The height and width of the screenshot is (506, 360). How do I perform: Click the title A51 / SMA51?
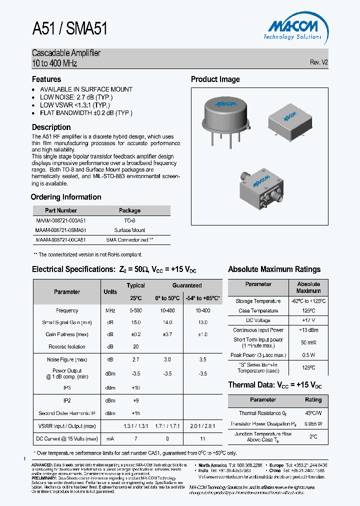point(69,29)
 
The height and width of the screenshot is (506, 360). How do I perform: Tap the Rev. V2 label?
point(318,62)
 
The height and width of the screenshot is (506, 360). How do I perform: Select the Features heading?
point(46,79)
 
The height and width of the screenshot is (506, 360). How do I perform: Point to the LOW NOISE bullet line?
point(76,97)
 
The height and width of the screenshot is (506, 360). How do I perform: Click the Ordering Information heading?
point(66,197)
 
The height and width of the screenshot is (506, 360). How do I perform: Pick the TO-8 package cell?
point(129,220)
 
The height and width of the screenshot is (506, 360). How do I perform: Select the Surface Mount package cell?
point(129,230)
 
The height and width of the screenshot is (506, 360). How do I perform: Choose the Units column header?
point(110,292)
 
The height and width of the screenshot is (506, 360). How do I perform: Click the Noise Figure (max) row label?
point(67,359)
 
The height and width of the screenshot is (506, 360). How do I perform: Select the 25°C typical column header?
point(135,298)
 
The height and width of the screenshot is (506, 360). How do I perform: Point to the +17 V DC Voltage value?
point(308,320)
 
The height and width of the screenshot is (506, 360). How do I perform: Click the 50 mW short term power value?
point(308,342)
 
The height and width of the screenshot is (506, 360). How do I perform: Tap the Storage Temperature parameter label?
point(258,301)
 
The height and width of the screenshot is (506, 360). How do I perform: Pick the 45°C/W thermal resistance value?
point(313,413)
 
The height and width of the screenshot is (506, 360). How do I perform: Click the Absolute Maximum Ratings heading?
point(274,269)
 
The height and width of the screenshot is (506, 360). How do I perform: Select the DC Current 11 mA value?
point(202,438)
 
